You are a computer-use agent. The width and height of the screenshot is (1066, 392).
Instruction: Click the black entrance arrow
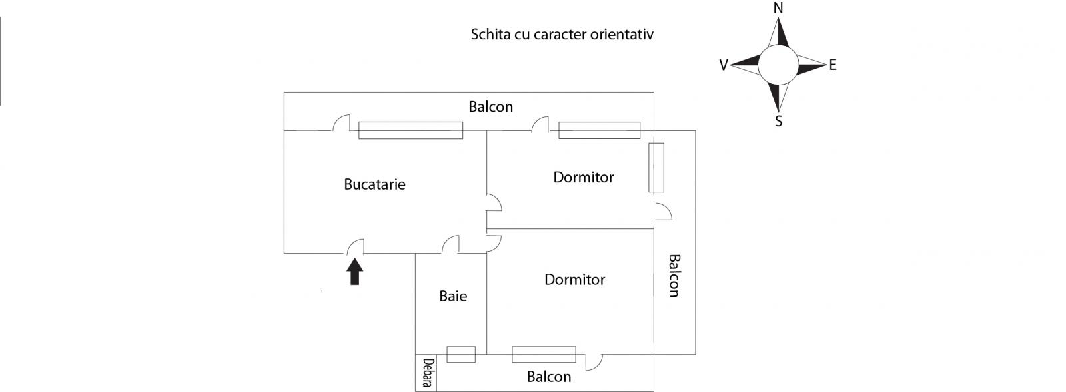tap(355, 271)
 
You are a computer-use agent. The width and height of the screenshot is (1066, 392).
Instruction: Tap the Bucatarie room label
tap(374, 184)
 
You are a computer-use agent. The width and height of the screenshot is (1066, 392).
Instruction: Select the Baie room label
tap(453, 296)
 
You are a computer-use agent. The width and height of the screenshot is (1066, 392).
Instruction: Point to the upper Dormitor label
tap(584, 177)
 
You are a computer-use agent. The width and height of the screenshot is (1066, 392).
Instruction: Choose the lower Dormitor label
tap(574, 280)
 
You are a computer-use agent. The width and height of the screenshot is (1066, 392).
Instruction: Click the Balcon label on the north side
tap(490, 107)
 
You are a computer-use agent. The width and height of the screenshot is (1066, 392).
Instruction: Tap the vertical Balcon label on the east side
tap(674, 276)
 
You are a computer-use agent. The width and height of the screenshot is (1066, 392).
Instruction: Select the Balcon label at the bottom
tap(549, 377)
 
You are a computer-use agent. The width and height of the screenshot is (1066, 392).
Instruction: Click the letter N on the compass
tap(778, 8)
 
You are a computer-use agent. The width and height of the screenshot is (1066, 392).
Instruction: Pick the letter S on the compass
tap(779, 122)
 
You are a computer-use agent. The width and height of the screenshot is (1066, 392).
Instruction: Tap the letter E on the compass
tap(833, 65)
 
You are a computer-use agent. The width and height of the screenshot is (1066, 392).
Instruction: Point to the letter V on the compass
tap(724, 65)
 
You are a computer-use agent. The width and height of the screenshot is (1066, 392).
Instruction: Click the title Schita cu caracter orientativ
tap(562, 34)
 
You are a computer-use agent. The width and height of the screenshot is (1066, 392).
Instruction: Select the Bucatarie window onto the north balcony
tap(410, 130)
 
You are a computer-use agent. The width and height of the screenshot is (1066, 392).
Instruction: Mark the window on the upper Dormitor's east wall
tap(656, 168)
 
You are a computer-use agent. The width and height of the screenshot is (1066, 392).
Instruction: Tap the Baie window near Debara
tap(461, 355)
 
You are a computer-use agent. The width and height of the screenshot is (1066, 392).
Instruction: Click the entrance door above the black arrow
tap(355, 246)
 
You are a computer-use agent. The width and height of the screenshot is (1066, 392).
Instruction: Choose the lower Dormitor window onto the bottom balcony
tap(544, 355)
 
